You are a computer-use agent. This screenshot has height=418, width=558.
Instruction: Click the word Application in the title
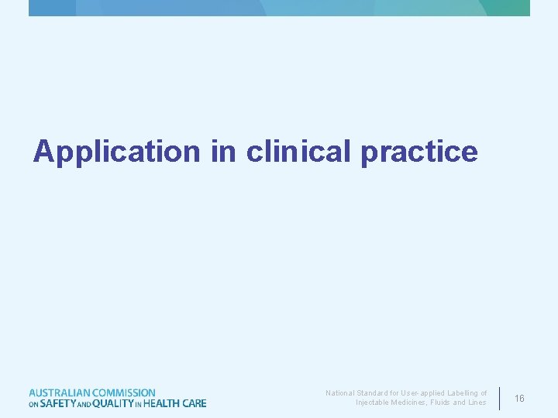coord(116,152)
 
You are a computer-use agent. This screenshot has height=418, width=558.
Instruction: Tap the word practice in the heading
coord(418,152)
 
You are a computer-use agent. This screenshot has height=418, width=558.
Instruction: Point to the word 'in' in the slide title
coord(222,151)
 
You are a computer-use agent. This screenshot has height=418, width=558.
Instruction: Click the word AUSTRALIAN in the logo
coord(59,393)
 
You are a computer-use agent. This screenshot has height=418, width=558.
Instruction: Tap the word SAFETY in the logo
coord(58,403)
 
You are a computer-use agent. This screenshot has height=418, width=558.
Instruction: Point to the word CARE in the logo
coord(195,403)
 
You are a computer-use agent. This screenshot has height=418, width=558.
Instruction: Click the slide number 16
coord(519,398)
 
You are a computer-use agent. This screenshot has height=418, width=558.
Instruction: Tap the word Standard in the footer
coord(374,393)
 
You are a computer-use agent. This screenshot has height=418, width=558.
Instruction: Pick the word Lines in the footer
coord(477,403)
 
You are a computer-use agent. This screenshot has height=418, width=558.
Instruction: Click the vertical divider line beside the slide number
coord(500,398)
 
